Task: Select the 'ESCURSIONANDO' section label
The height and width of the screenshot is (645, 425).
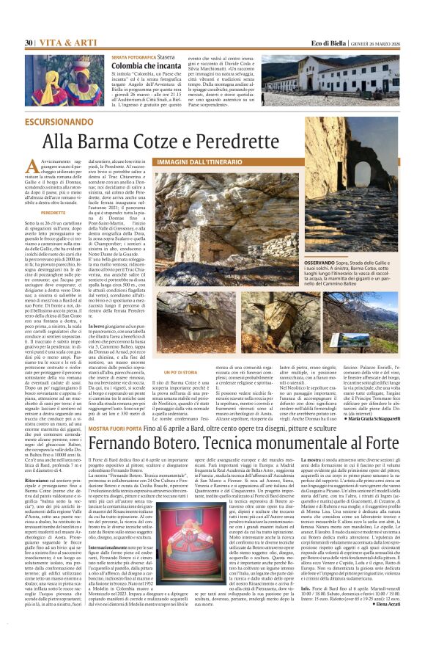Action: point(62,120)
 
